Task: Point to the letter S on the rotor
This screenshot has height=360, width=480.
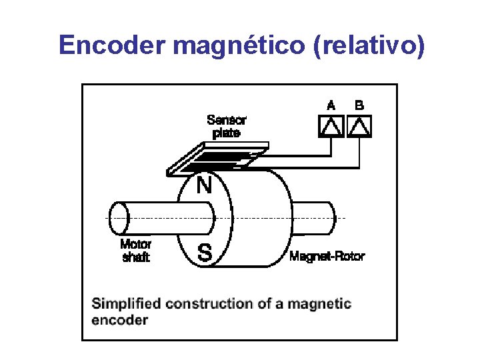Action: pos(205,253)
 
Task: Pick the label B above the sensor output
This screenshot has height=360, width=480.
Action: pos(359,105)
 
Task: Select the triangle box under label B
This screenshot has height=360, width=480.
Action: pos(359,125)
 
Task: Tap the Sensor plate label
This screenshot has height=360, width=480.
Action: pos(226,127)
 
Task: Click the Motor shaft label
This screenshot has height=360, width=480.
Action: pos(136,251)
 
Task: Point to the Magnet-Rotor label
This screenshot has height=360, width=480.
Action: pos(327,256)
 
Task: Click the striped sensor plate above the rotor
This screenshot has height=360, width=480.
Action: pos(217,159)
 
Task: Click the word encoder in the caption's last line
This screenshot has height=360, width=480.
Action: pos(119,320)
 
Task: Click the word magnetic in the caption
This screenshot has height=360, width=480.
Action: pos(319,304)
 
